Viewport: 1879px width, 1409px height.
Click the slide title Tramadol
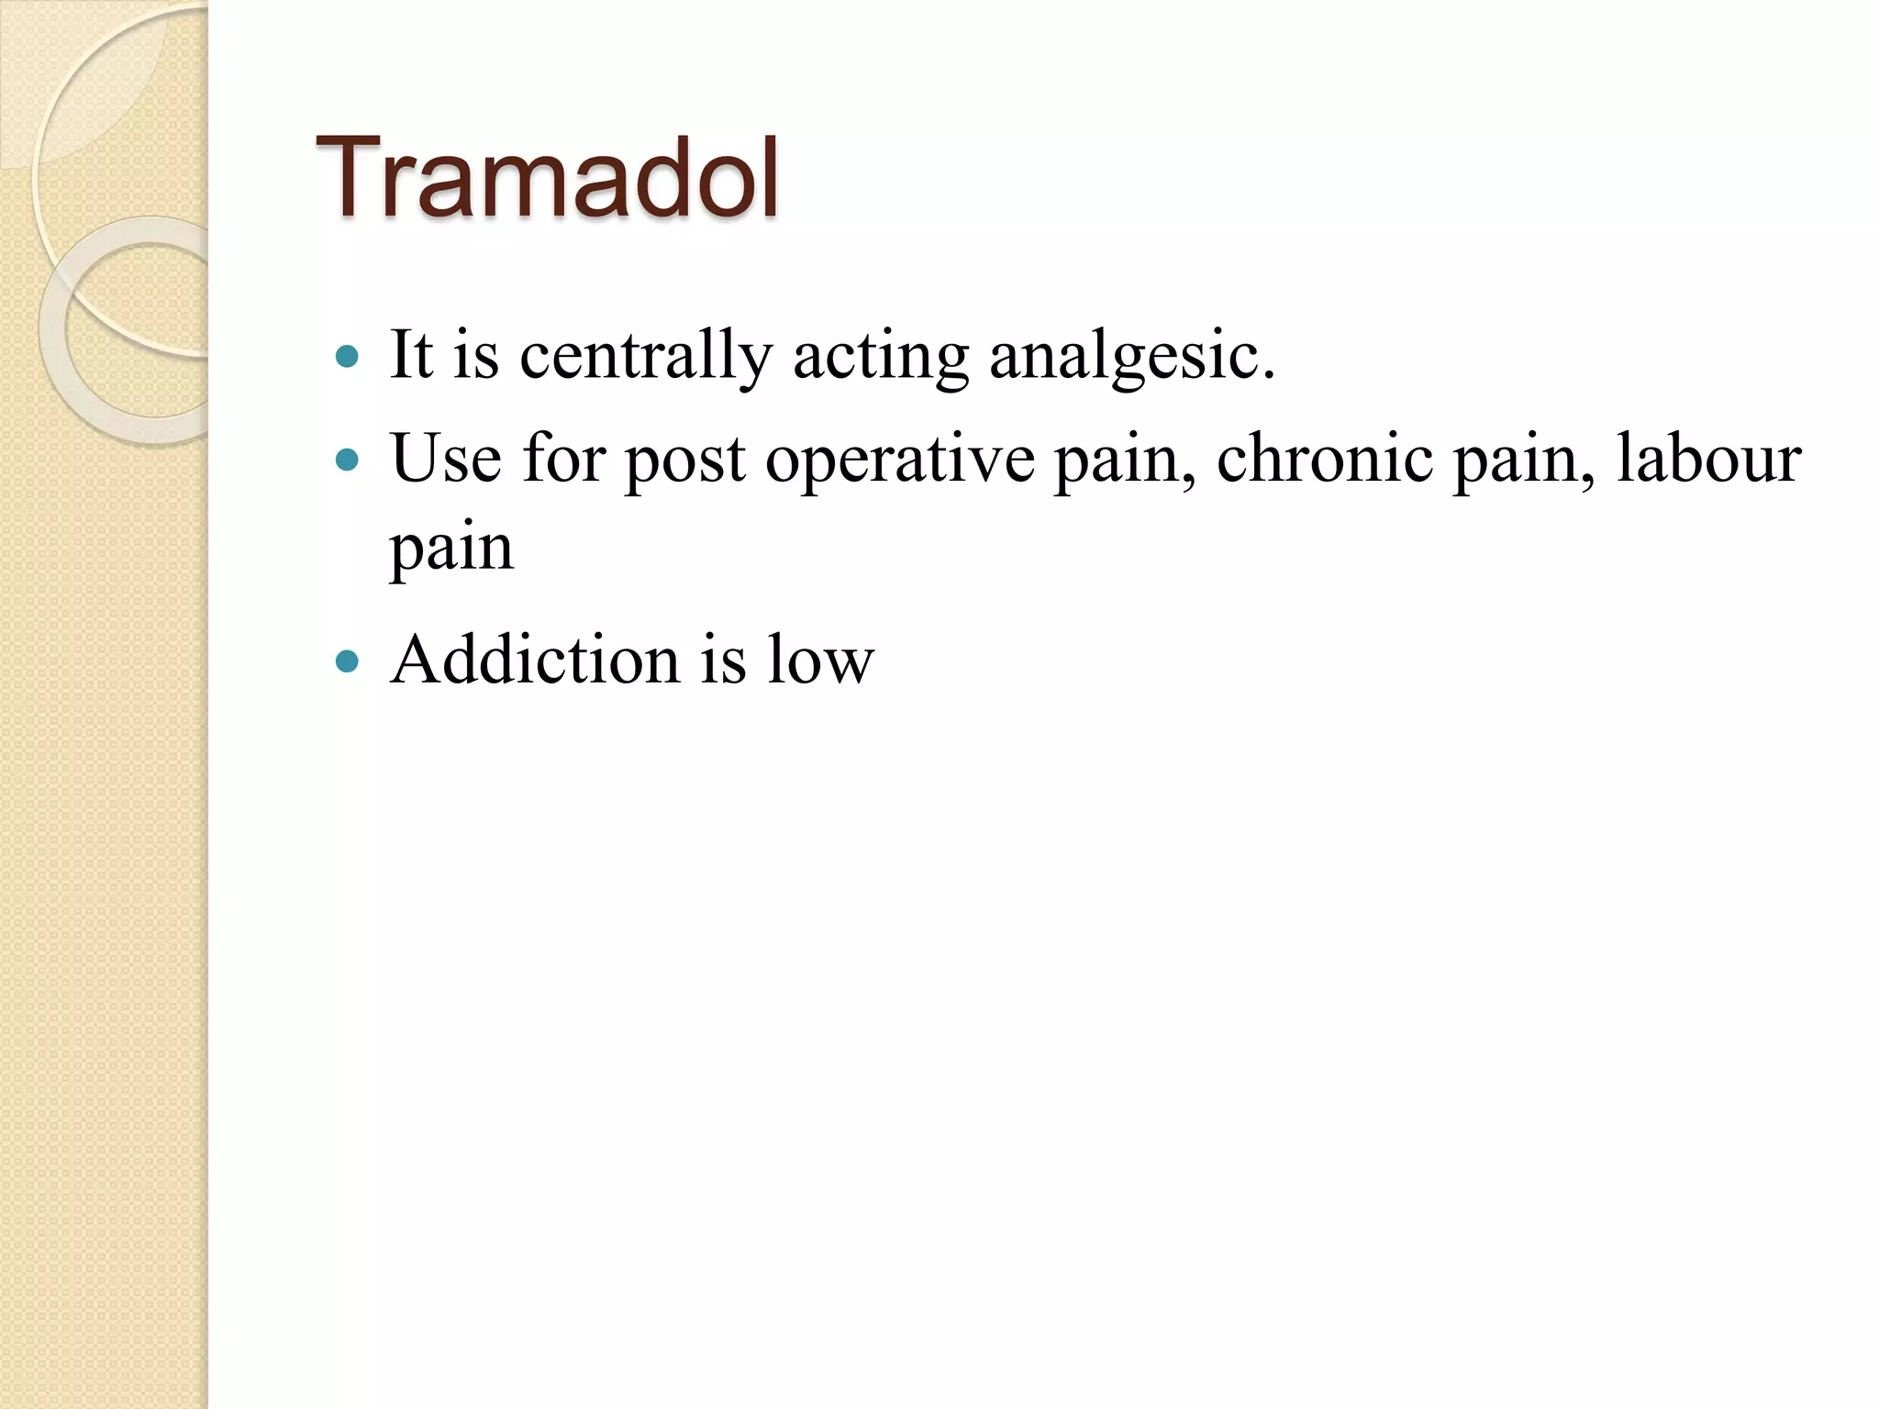coord(548,178)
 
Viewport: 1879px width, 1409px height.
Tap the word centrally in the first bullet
coord(645,356)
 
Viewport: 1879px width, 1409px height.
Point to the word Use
coord(446,458)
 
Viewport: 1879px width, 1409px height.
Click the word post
coord(684,460)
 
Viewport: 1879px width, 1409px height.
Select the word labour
coord(1708,458)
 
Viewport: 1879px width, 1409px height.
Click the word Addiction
coord(535,660)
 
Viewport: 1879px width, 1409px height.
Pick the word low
coord(820,660)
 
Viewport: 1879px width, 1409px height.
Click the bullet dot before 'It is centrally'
coord(347,357)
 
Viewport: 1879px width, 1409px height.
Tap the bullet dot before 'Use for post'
coord(347,459)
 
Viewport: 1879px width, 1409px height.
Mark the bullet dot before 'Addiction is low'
coord(347,660)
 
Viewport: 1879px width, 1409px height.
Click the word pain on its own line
coord(451,550)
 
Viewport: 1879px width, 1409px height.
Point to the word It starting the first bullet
coord(410,355)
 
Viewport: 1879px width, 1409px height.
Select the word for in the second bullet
coord(563,458)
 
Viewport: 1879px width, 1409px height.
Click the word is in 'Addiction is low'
coord(723,660)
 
